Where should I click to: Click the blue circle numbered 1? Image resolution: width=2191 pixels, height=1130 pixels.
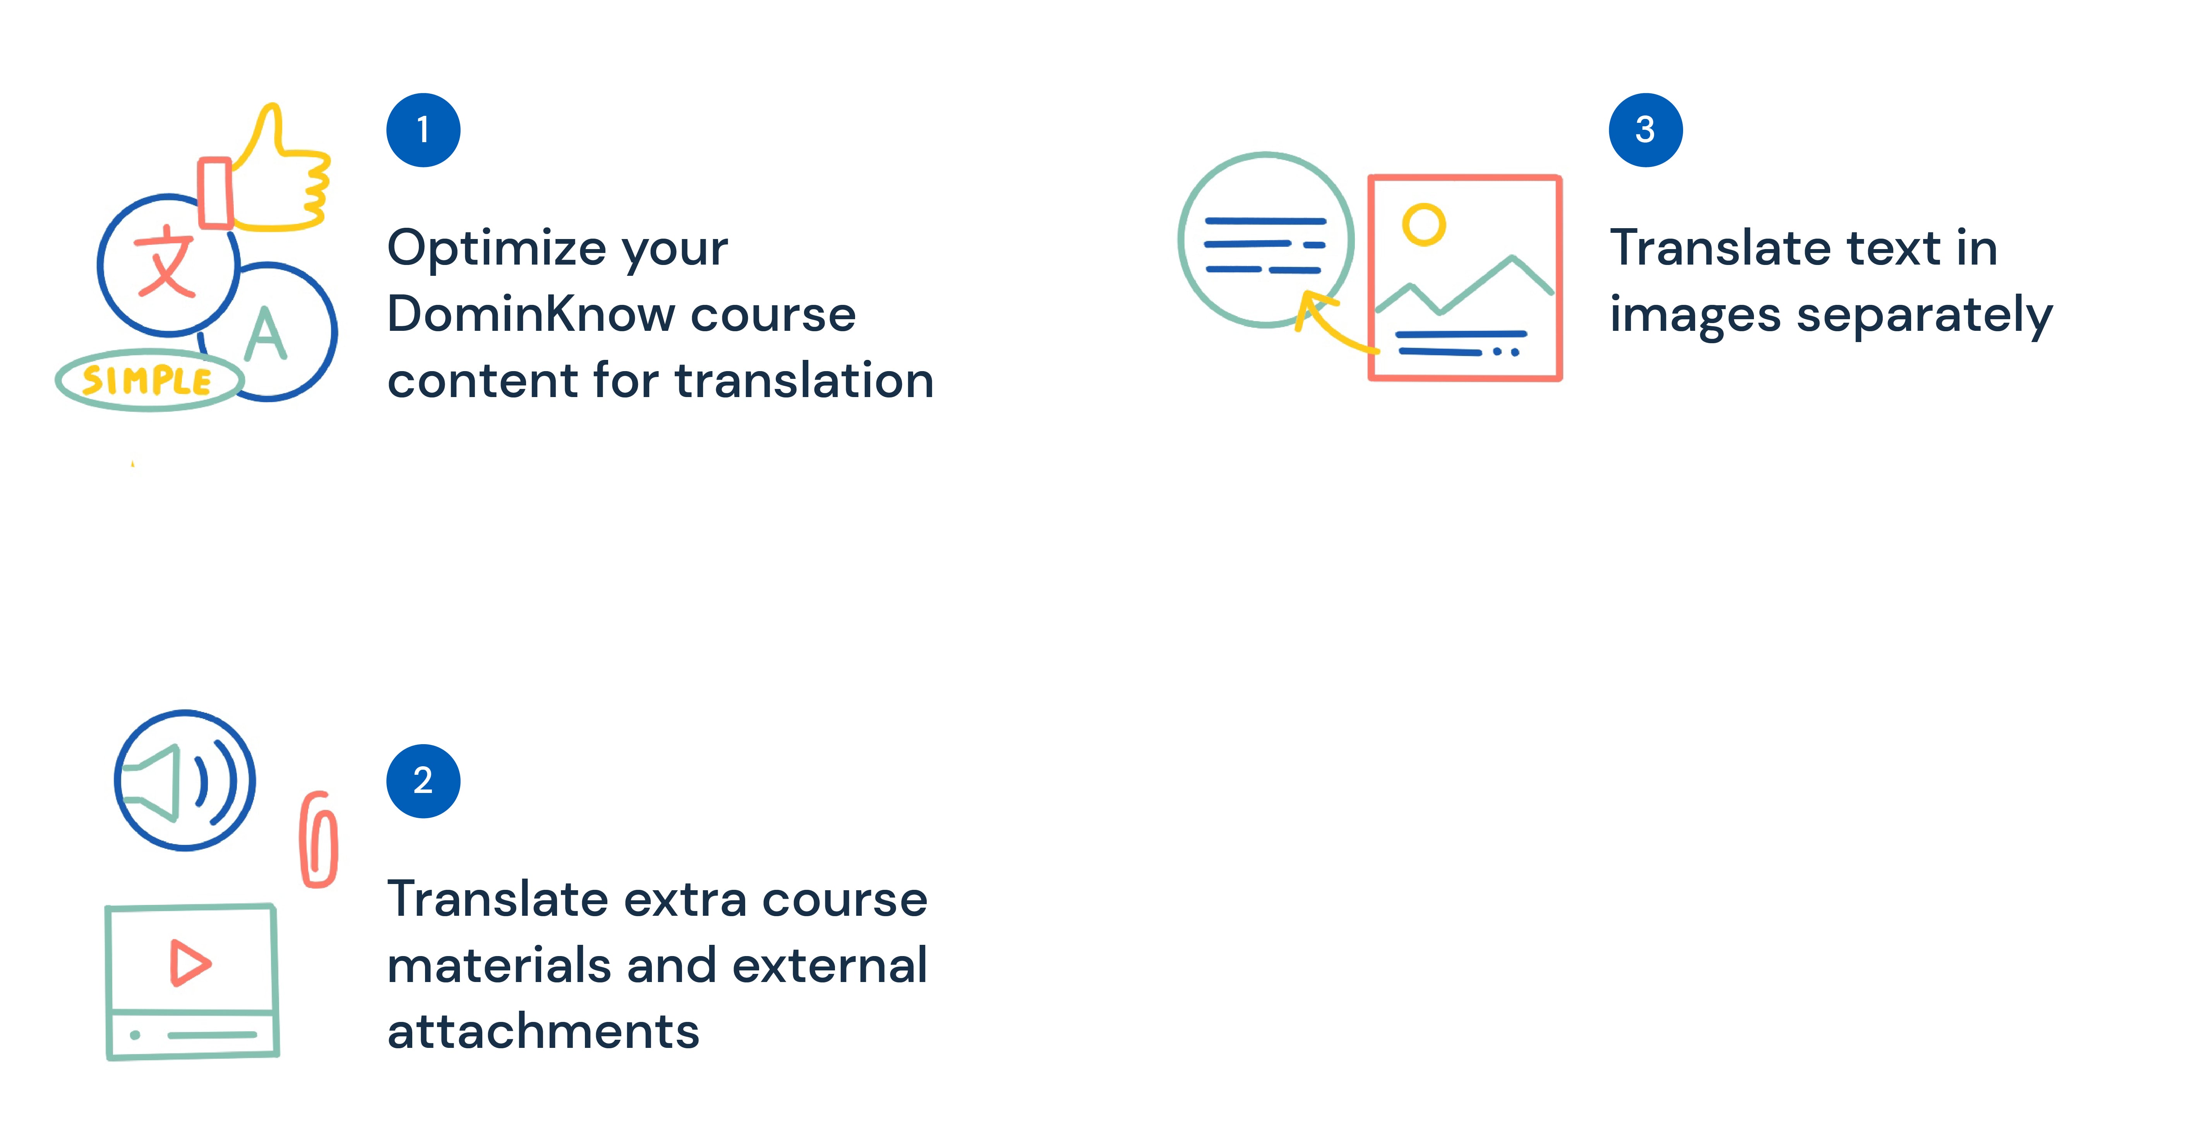[x=423, y=130]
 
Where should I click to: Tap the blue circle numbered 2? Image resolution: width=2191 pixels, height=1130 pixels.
[x=423, y=780]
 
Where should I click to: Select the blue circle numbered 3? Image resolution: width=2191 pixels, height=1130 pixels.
[x=1645, y=130]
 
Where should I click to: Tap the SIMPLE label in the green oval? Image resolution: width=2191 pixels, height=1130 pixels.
[x=147, y=380]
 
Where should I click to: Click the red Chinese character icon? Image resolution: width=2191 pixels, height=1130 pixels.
[x=166, y=261]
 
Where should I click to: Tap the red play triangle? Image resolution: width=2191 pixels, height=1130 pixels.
[x=189, y=962]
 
